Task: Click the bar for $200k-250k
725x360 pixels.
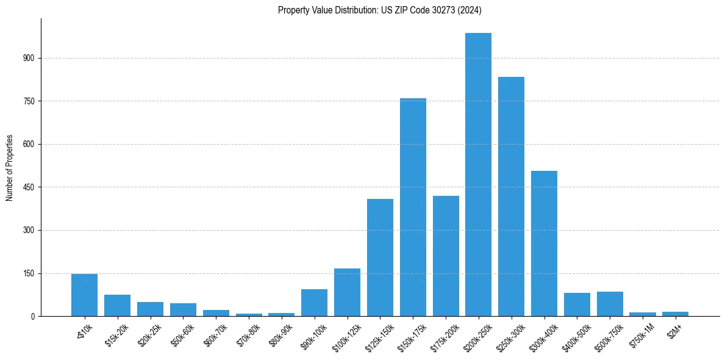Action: pyautogui.click(x=478, y=175)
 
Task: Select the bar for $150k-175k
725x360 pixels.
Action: pyautogui.click(x=413, y=207)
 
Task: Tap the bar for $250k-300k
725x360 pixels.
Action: pyautogui.click(x=511, y=196)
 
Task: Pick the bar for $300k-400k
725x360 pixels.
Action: pyautogui.click(x=544, y=243)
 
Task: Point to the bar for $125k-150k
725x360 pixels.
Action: pyautogui.click(x=380, y=257)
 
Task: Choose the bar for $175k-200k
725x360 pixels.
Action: pyautogui.click(x=446, y=256)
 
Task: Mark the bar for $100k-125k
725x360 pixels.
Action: pyautogui.click(x=347, y=292)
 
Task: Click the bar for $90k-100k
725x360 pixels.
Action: pyautogui.click(x=314, y=303)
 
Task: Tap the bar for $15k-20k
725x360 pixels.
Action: pyautogui.click(x=117, y=305)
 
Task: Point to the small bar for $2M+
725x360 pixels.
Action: pyautogui.click(x=675, y=314)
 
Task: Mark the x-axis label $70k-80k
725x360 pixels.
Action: pyautogui.click(x=246, y=333)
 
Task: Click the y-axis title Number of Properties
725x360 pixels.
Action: pyautogui.click(x=9, y=167)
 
